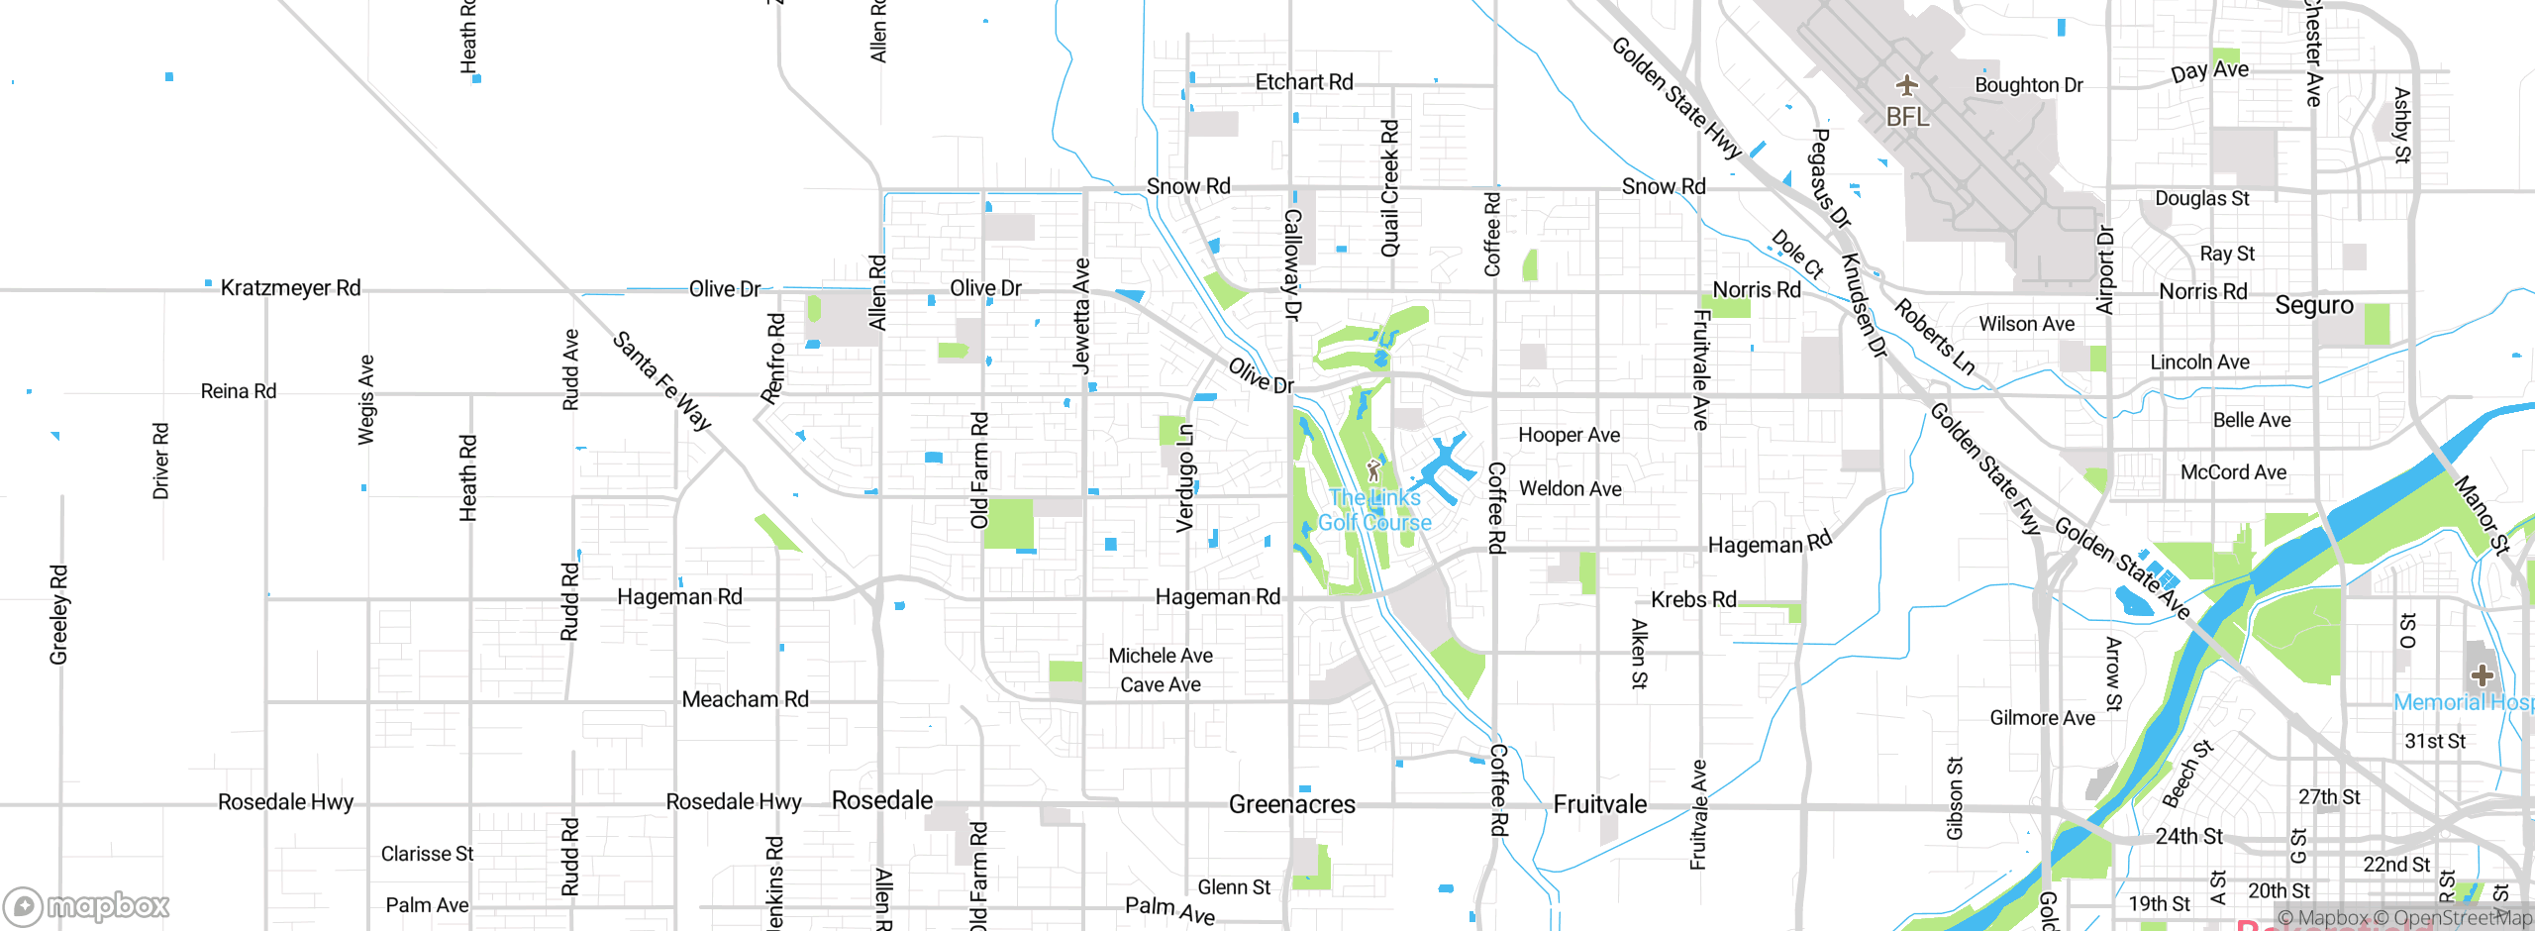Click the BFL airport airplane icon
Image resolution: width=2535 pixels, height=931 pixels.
tap(1906, 85)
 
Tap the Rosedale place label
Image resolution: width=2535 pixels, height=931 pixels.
tap(881, 800)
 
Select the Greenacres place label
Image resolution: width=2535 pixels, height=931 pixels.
tap(1291, 804)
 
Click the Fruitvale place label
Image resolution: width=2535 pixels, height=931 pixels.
tap(1599, 804)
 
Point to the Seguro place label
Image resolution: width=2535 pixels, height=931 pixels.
tap(2313, 305)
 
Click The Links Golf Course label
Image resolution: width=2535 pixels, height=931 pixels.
tap(1374, 510)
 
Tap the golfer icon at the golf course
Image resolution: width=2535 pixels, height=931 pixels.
tap(1373, 469)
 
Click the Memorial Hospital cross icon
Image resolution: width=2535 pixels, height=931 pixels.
tap(2482, 675)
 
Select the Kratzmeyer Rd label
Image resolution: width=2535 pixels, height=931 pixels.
tap(290, 288)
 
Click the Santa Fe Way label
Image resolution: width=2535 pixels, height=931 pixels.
tap(661, 381)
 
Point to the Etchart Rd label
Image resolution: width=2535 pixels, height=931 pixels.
tap(1303, 82)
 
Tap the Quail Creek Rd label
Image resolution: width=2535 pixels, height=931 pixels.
tap(1390, 188)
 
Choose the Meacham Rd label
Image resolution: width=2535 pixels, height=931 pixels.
tap(745, 699)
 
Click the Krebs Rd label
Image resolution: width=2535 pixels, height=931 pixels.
tap(1693, 599)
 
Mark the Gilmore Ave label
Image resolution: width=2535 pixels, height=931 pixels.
tap(2042, 718)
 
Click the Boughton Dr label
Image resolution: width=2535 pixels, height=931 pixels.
tap(2028, 85)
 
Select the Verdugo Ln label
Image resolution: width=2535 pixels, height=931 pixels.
tap(1185, 478)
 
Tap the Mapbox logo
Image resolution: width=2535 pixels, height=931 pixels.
tap(86, 905)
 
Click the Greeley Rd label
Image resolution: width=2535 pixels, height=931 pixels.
tap(59, 614)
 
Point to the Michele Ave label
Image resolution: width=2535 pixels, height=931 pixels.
tap(1160, 656)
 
